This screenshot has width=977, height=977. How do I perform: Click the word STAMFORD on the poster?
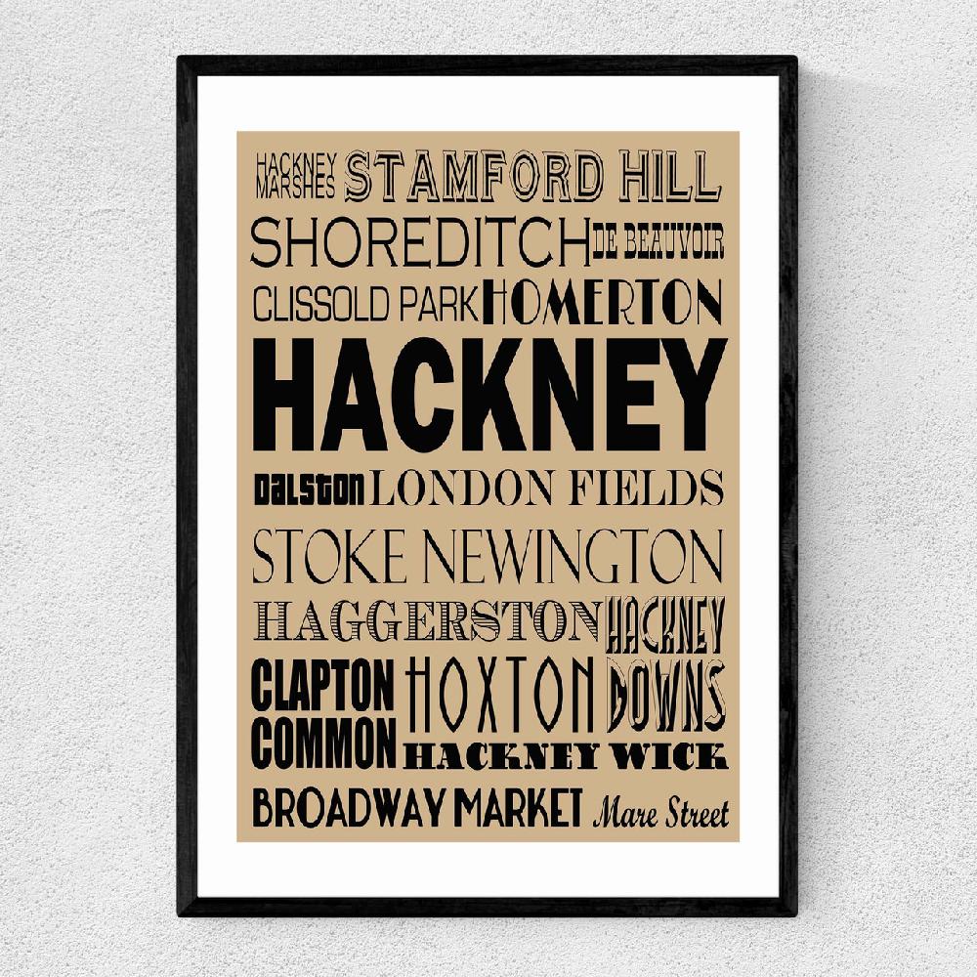(x=476, y=176)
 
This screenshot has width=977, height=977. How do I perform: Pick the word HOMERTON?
(x=603, y=302)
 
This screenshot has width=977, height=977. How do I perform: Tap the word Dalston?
(x=310, y=486)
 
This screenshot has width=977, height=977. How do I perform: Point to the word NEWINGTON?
(x=576, y=556)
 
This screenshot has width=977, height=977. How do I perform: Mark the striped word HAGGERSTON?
(x=427, y=620)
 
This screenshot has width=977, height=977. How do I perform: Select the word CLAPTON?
(x=323, y=687)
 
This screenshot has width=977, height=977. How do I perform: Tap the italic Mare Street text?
(x=661, y=811)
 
